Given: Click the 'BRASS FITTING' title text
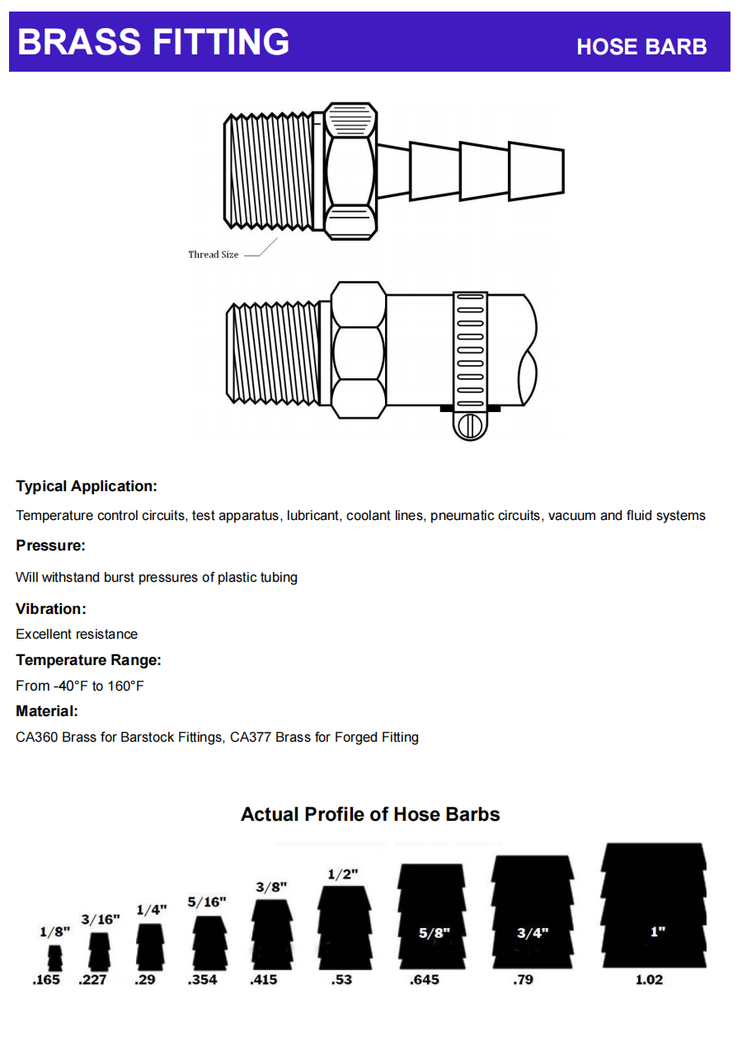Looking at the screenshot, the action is point(153,41).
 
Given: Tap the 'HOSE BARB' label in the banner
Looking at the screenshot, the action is point(641,47).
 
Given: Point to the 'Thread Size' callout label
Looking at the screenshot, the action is point(214,255).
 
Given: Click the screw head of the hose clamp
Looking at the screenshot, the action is point(470,426).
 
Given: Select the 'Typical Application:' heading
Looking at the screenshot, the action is point(87,486).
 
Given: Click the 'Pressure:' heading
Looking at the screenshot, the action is point(50,546).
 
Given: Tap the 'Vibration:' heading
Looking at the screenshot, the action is point(51,609).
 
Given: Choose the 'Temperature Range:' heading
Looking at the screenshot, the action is point(88,660).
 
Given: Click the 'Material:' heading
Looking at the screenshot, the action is point(47,711).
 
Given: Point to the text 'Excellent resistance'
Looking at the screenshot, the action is point(77,634).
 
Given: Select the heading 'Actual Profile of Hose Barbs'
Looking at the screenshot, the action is point(370,814).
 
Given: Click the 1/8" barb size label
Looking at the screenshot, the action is point(54,931).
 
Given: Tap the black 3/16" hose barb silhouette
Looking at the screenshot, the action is point(100,951).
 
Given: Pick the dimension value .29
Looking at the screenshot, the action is point(144,980).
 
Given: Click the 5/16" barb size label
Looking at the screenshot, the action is point(207,902).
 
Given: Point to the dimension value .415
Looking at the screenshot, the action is point(263,980).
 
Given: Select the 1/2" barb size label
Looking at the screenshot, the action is point(342,874).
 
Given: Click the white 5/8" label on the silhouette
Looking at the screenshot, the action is point(434,933).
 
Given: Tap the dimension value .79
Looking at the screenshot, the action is point(523,980).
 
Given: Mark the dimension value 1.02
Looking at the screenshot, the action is point(649,980).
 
